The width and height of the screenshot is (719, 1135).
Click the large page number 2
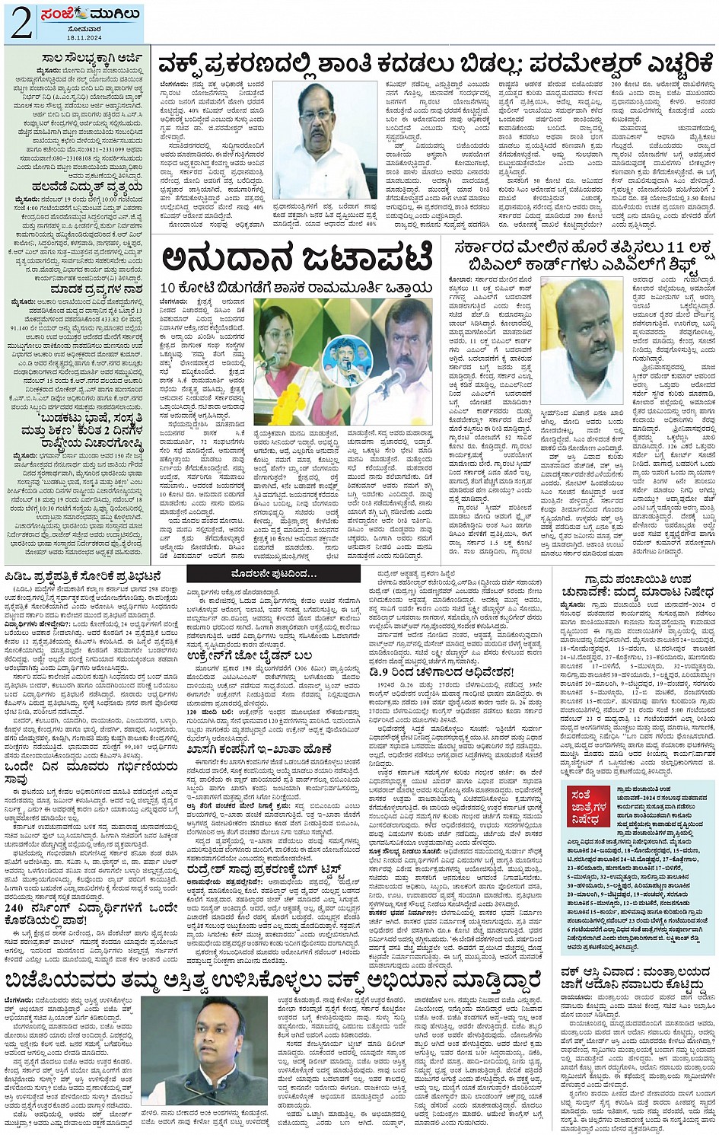(x=21, y=24)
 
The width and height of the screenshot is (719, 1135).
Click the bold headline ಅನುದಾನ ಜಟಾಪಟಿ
(x=297, y=260)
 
